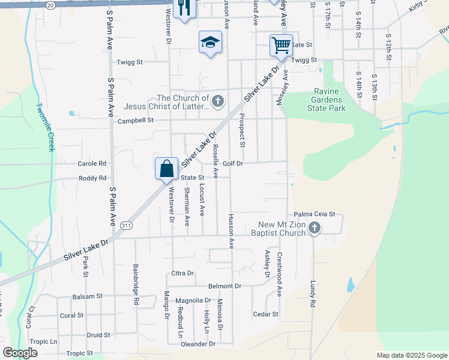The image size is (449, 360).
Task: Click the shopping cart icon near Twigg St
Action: (x=281, y=44)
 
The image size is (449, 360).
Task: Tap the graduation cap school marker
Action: (x=210, y=42)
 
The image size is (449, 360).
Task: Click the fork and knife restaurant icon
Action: (x=184, y=8)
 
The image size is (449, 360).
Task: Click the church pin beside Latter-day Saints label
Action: (x=218, y=101)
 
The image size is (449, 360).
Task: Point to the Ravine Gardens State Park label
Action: (x=329, y=100)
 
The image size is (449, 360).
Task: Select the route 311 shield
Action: (x=126, y=225)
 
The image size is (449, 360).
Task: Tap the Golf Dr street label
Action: (x=232, y=163)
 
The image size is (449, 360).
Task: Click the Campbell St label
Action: (x=135, y=120)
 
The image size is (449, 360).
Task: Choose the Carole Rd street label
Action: (x=92, y=163)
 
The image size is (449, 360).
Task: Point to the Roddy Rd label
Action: (x=92, y=178)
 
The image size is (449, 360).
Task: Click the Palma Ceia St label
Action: (x=314, y=214)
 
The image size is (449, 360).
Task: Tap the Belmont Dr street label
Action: (x=224, y=286)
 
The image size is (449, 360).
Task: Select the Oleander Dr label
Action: (x=199, y=344)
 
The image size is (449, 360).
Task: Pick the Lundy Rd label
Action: (x=313, y=296)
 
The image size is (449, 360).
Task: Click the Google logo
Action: (x=20, y=353)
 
